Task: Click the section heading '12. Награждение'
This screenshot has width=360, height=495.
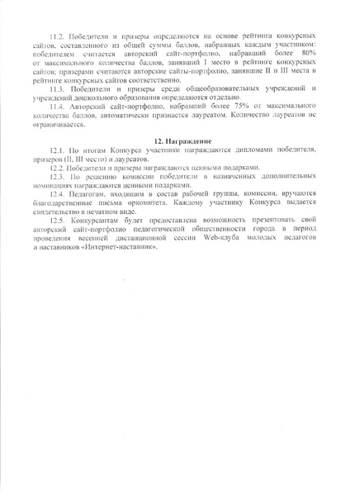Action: tap(179, 141)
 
